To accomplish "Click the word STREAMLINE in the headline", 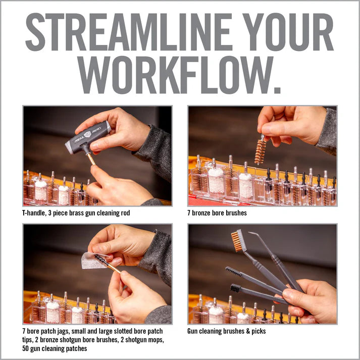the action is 129,32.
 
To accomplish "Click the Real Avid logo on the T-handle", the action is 87,134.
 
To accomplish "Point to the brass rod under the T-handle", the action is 91,159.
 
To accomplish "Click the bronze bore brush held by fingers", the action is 261,151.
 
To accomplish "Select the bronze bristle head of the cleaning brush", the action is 237,241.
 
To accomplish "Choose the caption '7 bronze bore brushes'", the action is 217,213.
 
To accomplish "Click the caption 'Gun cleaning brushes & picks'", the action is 227,331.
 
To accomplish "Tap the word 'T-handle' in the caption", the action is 34,213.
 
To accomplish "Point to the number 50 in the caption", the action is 25,348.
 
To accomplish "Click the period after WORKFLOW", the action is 277,89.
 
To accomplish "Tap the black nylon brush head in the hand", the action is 235,288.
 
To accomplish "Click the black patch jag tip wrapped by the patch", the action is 101,261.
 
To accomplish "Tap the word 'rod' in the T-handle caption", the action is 125,213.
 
